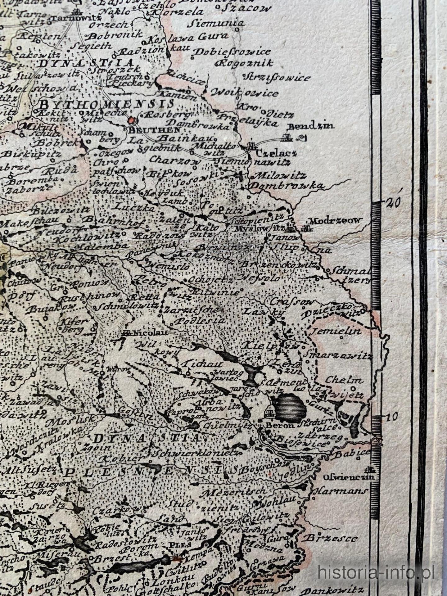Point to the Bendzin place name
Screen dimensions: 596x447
pos(311,126)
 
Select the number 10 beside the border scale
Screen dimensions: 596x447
pos(392,417)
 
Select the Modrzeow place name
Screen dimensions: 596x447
pos(336,221)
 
